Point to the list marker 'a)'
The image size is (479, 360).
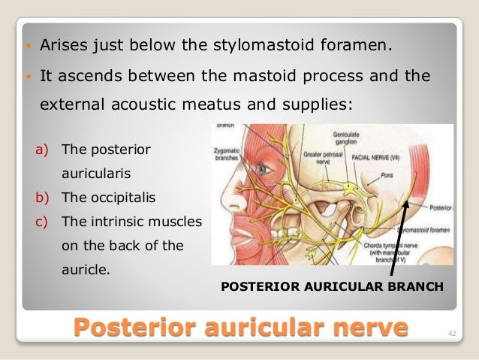(x=43, y=150)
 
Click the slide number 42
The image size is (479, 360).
(x=451, y=332)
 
